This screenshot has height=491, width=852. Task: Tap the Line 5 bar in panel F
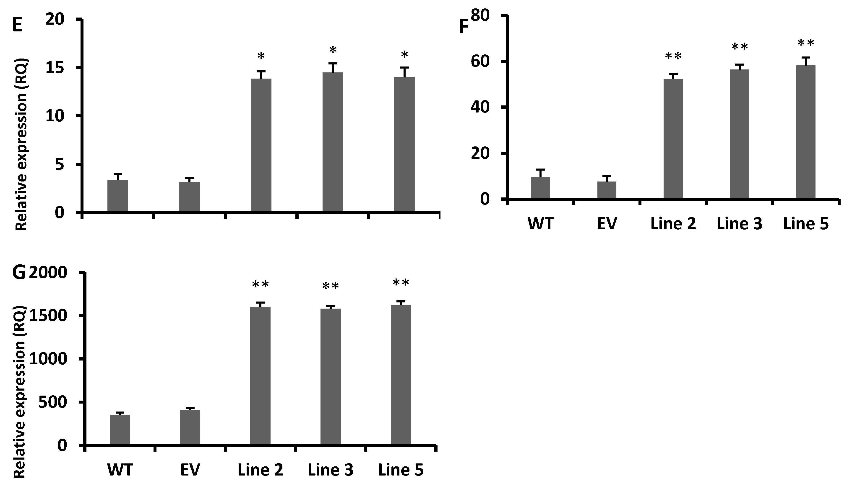pyautogui.click(x=806, y=132)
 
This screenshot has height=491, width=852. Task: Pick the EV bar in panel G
pyautogui.click(x=190, y=427)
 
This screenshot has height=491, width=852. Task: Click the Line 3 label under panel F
pyautogui.click(x=739, y=224)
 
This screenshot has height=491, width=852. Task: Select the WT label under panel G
pyautogui.click(x=120, y=470)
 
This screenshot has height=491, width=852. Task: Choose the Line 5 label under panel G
pyautogui.click(x=401, y=470)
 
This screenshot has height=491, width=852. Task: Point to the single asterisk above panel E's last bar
pyautogui.click(x=404, y=55)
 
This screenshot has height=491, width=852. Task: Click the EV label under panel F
pyautogui.click(x=607, y=224)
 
